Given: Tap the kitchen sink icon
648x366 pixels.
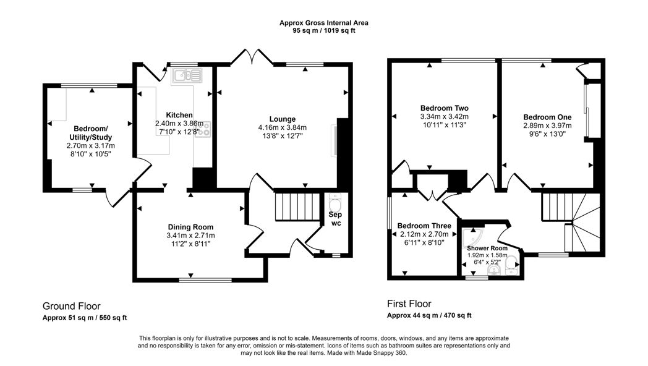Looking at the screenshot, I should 187,76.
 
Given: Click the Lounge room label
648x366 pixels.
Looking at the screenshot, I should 282,119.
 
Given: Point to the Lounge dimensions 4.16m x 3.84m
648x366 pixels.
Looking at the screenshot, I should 282,127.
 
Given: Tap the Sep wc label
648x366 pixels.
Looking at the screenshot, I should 336,218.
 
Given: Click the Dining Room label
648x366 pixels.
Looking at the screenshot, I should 190,226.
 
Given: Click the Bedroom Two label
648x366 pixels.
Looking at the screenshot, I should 444,107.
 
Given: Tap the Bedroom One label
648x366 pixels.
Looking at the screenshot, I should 547,116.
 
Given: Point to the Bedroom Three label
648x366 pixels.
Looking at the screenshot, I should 424,226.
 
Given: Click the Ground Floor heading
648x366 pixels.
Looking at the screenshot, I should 71,306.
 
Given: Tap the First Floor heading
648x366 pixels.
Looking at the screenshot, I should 409,304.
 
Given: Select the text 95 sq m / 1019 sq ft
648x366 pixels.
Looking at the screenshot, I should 324,30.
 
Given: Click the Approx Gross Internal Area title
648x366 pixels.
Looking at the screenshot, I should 324,23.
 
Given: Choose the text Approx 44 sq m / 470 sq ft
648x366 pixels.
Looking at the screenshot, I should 429,315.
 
